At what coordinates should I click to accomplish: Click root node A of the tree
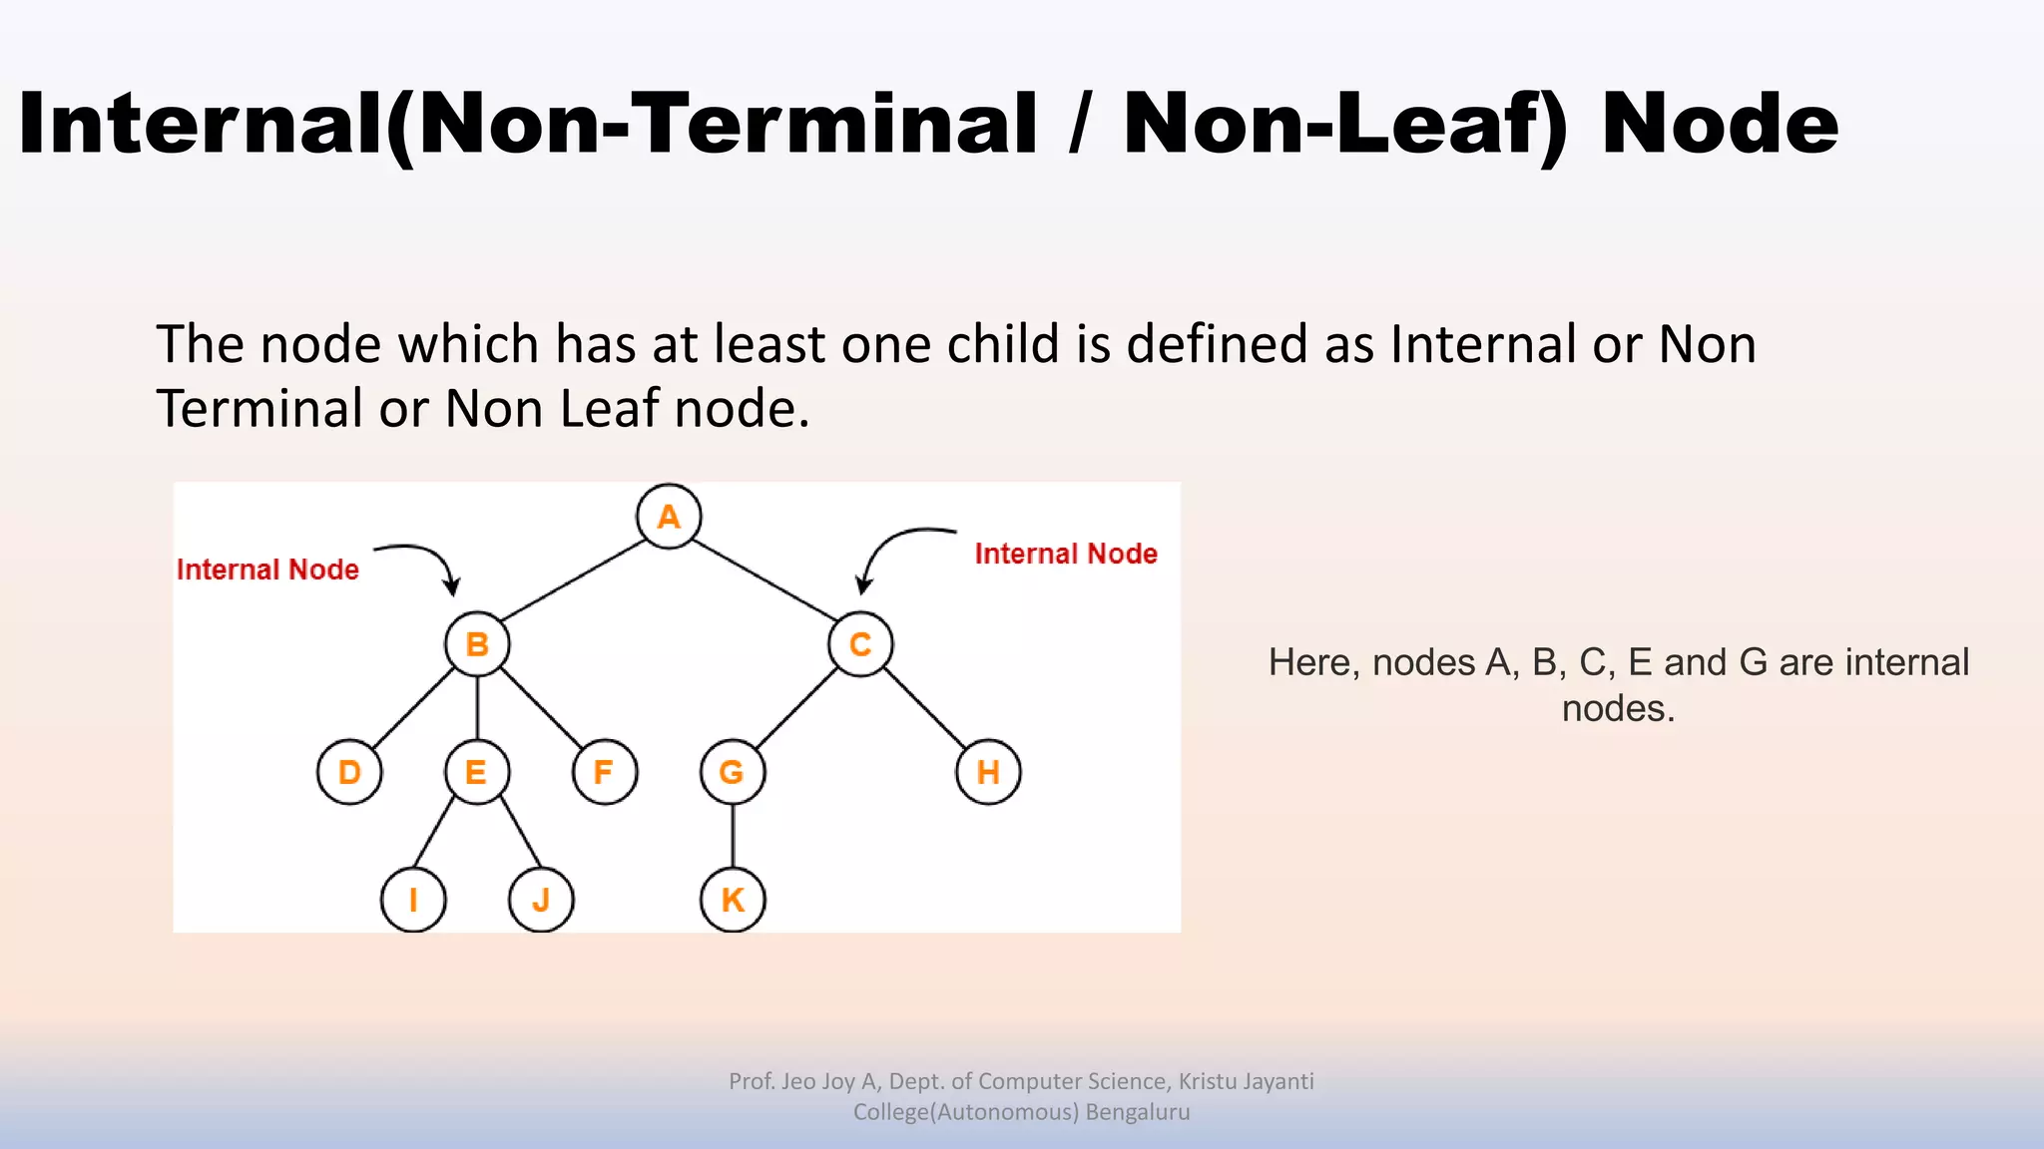pyautogui.click(x=669, y=517)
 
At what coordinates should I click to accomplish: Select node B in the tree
pyautogui.click(x=477, y=644)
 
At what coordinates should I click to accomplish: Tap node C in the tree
pyautogui.click(x=860, y=644)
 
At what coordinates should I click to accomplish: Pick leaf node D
pyautogui.click(x=349, y=772)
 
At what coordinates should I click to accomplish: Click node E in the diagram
pyautogui.click(x=477, y=772)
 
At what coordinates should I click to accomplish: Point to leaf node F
pyautogui.click(x=605, y=772)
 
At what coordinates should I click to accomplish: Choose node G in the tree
pyautogui.click(x=733, y=772)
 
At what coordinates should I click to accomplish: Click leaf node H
pyautogui.click(x=988, y=772)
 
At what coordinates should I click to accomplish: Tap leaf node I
pyautogui.click(x=413, y=900)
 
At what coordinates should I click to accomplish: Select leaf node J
pyautogui.click(x=541, y=900)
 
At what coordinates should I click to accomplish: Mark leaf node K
pyautogui.click(x=733, y=900)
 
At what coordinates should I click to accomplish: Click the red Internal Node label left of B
pyautogui.click(x=267, y=570)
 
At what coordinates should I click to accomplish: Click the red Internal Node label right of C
pyautogui.click(x=1066, y=554)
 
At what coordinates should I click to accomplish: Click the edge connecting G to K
pyautogui.click(x=733, y=836)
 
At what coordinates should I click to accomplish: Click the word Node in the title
pyautogui.click(x=1720, y=124)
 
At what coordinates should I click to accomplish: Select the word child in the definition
pyautogui.click(x=1003, y=344)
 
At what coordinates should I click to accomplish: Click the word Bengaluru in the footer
pyautogui.click(x=1138, y=1112)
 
